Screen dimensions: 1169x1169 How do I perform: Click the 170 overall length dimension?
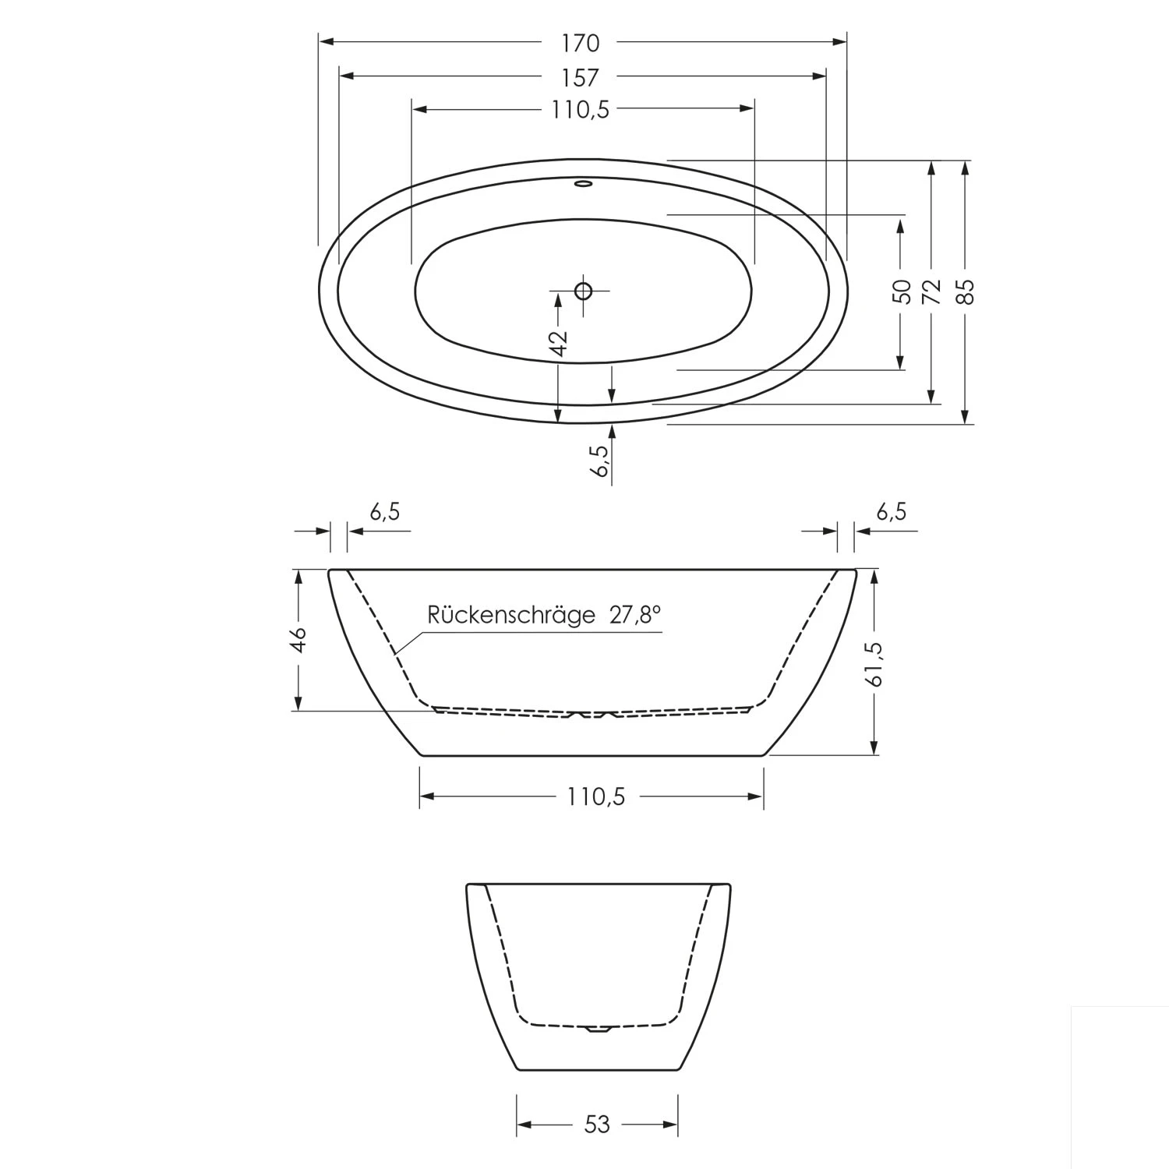[581, 43]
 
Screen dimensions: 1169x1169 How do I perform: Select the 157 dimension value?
[581, 77]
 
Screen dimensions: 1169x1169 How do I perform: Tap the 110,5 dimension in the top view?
[581, 110]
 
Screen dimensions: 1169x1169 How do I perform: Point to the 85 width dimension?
[966, 291]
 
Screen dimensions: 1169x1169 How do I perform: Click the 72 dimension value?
[931, 291]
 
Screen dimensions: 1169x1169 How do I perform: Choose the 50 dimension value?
[901, 291]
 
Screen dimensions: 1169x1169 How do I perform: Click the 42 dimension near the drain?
[558, 343]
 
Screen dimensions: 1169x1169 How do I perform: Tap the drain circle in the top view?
[583, 291]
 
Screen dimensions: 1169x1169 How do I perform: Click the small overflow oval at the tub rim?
[583, 185]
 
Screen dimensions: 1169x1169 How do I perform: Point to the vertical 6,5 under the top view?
[601, 461]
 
